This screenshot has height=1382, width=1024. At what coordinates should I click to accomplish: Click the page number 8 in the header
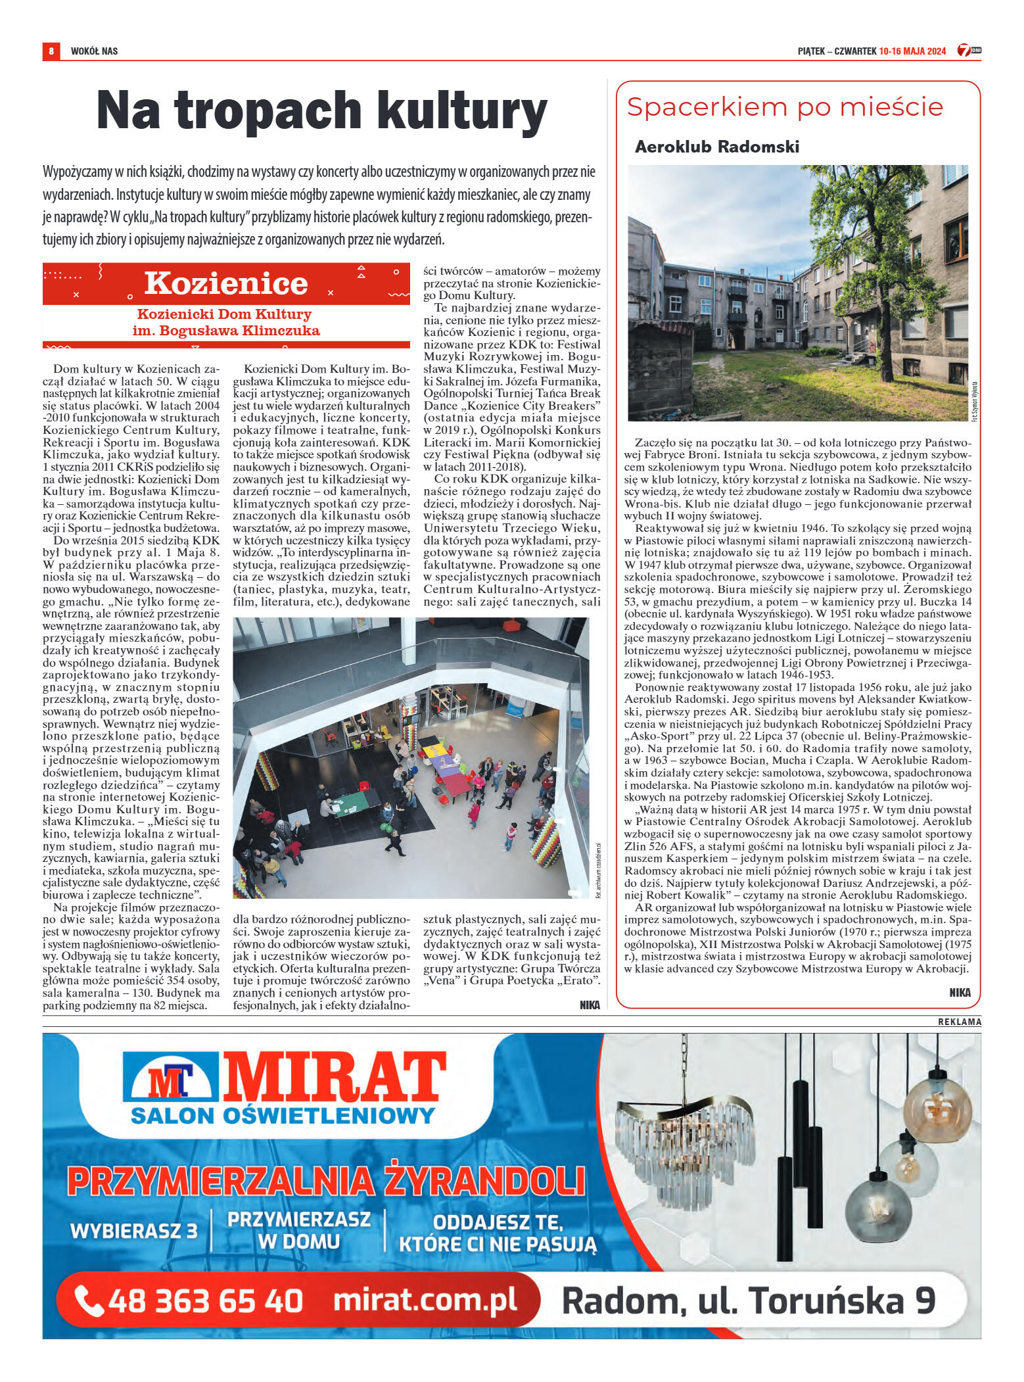[x=51, y=51]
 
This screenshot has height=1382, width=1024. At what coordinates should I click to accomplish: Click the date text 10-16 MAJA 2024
[x=912, y=51]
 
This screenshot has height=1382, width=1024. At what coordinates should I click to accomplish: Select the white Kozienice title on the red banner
[x=226, y=283]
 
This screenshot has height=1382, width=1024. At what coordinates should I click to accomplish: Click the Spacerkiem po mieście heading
[x=785, y=107]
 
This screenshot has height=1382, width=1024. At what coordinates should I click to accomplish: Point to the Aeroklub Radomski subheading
[x=717, y=147]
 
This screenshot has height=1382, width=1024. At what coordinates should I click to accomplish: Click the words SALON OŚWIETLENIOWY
[x=283, y=1116]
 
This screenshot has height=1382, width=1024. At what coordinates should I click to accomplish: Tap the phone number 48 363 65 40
[x=205, y=1300]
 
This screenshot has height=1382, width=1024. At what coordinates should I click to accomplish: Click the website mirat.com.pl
[x=425, y=1300]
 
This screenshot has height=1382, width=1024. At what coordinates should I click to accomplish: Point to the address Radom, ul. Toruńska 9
[x=748, y=1300]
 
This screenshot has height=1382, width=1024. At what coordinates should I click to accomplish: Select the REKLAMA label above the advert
[x=959, y=1021]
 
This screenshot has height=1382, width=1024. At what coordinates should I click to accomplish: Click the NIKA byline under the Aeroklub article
[x=960, y=992]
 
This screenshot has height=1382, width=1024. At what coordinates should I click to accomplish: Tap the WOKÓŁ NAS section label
[x=94, y=51]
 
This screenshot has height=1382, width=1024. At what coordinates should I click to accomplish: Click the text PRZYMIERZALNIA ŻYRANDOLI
[x=326, y=1181]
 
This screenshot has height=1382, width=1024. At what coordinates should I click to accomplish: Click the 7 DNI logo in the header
[x=969, y=50]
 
